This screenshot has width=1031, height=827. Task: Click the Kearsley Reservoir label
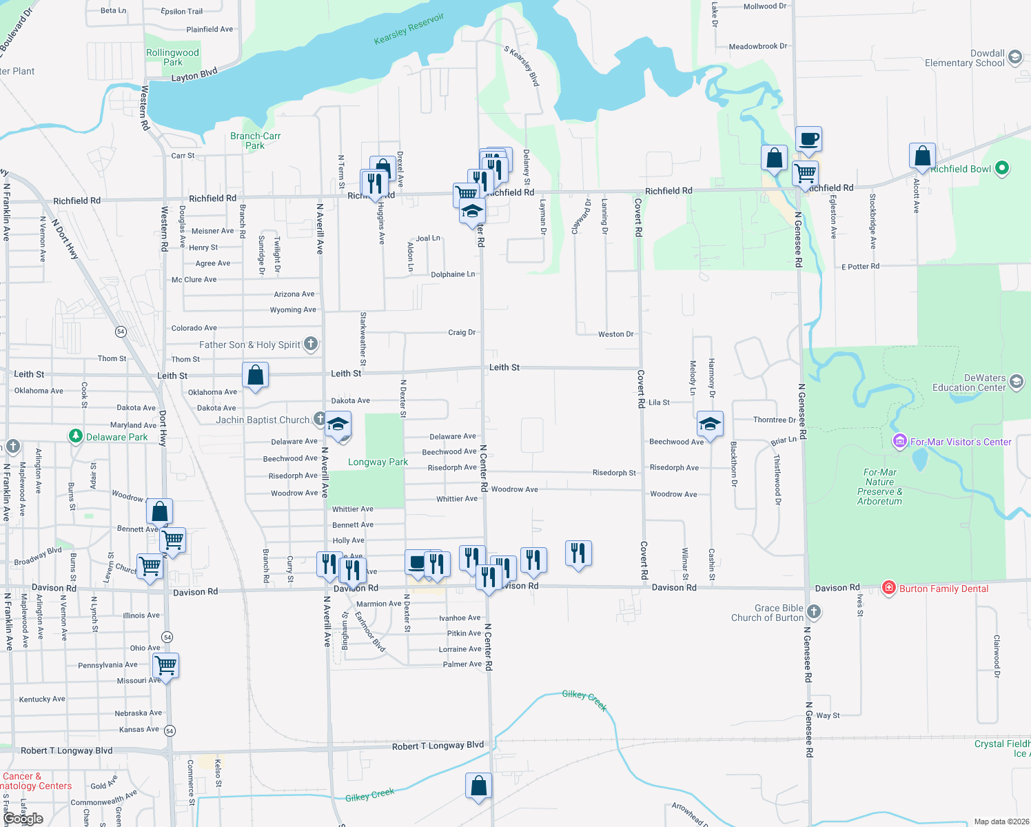point(409,29)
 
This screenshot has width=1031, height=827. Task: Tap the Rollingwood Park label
point(172,57)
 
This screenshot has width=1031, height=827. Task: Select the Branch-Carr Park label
point(255,141)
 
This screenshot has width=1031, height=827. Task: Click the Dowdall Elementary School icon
point(1014,57)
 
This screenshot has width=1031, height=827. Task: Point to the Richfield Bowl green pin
point(1002,167)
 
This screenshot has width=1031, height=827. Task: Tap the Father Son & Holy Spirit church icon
point(311,343)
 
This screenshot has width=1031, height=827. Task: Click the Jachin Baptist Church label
point(263,420)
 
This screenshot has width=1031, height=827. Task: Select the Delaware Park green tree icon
point(75,436)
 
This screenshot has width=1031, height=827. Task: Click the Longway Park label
point(378,462)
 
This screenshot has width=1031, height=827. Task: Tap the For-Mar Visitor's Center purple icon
point(899,441)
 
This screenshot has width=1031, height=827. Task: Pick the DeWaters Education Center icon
point(1016,382)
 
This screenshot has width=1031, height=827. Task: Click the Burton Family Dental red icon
point(888,588)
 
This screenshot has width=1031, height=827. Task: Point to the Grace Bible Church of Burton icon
point(814,611)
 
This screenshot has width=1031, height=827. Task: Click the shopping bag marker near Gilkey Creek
point(478,786)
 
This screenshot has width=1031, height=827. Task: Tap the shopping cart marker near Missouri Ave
point(166,666)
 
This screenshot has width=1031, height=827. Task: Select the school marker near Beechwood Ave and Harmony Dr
point(709,423)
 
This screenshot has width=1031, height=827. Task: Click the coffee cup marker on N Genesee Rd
point(808,139)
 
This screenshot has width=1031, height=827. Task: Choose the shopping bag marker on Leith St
point(255,375)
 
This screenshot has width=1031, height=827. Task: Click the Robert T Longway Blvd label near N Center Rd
point(438,746)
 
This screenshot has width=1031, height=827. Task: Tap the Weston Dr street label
point(615,334)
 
